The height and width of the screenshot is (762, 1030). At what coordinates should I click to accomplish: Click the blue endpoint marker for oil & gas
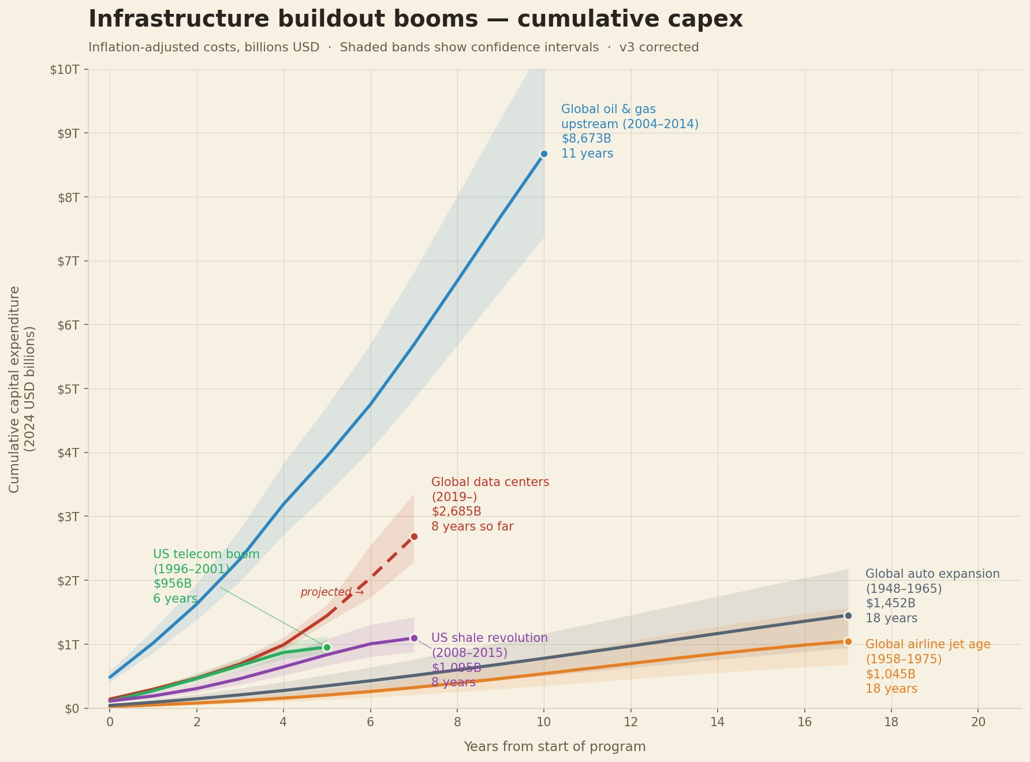coord(544,154)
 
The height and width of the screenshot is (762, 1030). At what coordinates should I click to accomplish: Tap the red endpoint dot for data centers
coord(414,537)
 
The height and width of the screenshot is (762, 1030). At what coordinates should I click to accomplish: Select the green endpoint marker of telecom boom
coord(327,647)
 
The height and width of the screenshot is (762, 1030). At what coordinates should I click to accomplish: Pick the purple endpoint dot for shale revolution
coord(414,638)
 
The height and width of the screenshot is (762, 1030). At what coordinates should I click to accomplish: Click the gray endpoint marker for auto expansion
coord(848,615)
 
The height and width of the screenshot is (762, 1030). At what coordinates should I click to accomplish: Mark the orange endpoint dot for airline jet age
coord(848,641)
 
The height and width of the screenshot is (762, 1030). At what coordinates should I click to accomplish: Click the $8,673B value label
coord(586,139)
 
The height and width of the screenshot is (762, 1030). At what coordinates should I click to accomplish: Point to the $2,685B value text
coord(456,511)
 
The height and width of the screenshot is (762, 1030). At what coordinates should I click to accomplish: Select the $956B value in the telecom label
coord(172,584)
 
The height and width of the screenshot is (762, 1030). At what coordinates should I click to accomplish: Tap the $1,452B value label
coord(890,603)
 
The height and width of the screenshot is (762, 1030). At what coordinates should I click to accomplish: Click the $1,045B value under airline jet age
coord(890,674)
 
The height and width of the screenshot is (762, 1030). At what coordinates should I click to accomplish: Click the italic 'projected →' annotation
coord(332,592)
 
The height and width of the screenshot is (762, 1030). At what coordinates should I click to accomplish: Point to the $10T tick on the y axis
coord(65,70)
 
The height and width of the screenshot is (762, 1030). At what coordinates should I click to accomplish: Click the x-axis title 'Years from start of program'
coord(554,747)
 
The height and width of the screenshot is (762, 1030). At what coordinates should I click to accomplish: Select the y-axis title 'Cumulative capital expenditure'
coord(15,389)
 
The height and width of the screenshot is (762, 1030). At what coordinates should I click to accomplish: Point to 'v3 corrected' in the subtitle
coord(659,47)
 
